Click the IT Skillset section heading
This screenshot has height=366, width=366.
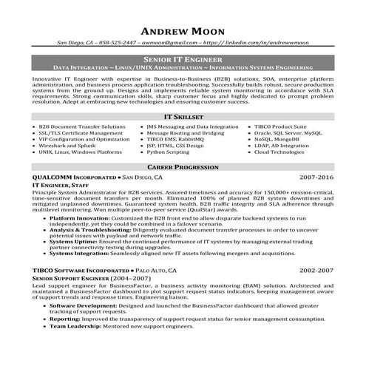[183, 118]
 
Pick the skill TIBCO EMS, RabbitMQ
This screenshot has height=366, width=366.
[175, 139]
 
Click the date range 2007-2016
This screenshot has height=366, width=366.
[318, 179]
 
